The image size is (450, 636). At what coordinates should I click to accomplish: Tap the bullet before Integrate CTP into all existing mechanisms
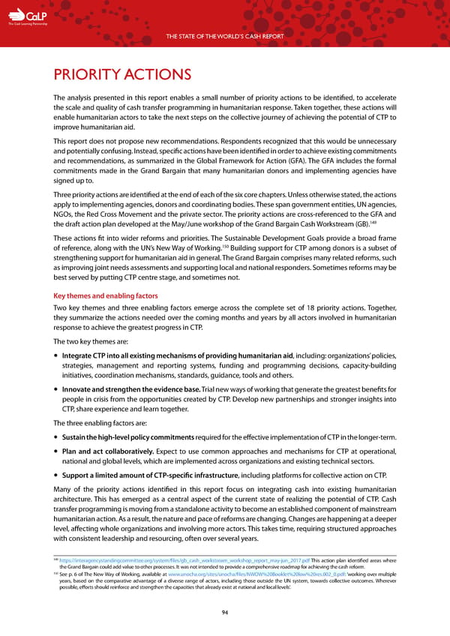coord(57,354)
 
